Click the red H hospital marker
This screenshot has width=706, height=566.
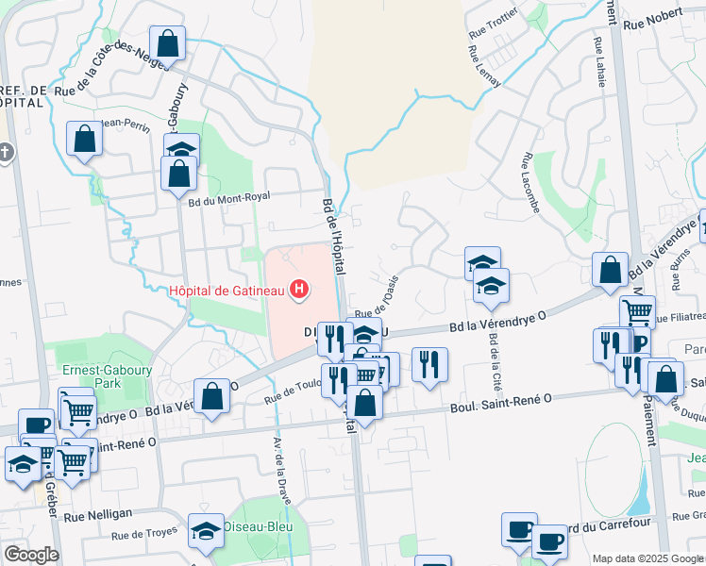(x=299, y=289)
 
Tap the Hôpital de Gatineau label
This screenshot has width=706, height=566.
(x=227, y=290)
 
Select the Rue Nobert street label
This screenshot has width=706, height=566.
(x=655, y=12)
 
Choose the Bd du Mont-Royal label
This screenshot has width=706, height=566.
(x=228, y=197)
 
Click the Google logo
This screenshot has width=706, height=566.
(x=30, y=554)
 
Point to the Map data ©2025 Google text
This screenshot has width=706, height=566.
(x=647, y=558)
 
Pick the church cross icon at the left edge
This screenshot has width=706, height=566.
(x=6, y=152)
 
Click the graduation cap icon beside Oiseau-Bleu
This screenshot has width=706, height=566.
(x=206, y=532)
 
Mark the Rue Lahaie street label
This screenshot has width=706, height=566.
(x=598, y=62)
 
